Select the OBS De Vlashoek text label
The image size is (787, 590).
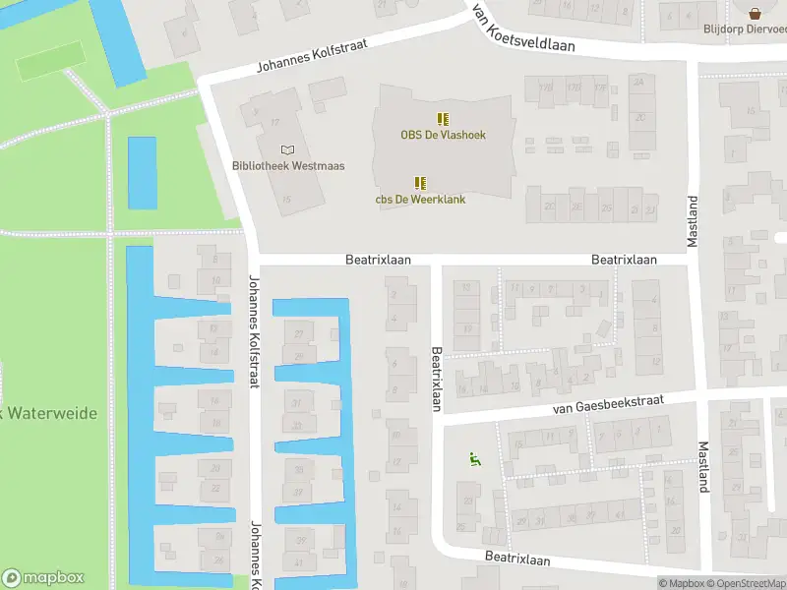tap(443, 135)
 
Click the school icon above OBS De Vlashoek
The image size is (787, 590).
tap(443, 119)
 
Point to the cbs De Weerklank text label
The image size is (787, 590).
tap(420, 200)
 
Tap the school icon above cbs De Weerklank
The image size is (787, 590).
tap(420, 183)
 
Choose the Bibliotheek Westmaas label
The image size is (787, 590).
tap(288, 166)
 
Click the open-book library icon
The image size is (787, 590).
tap(287, 149)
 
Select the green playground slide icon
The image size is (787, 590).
tap(473, 458)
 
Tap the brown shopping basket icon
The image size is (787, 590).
tap(755, 13)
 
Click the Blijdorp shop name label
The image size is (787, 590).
tap(744, 29)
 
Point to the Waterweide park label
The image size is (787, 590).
tap(49, 413)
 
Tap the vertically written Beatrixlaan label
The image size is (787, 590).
tap(437, 378)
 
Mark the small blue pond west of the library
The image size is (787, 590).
tap(143, 172)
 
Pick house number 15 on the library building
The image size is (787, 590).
tap(286, 201)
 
